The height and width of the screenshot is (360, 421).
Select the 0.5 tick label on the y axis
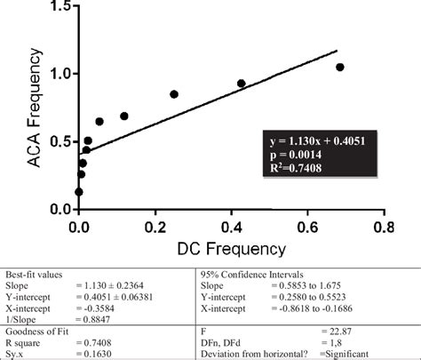(x=62, y=142)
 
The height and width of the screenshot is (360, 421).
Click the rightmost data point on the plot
(x=340, y=68)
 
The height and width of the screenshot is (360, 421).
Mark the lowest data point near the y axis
(x=79, y=191)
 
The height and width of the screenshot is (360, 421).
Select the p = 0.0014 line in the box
(x=299, y=152)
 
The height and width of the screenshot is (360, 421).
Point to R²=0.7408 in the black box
(x=302, y=165)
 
